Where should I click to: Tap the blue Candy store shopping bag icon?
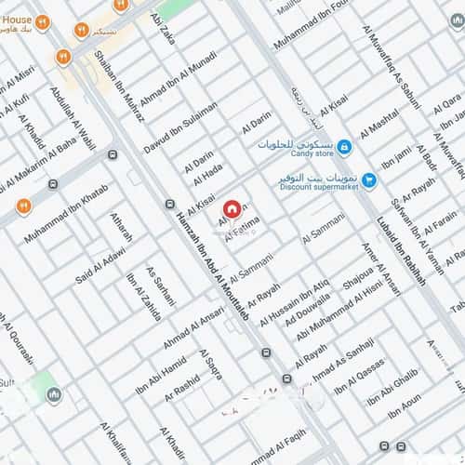[x=345, y=147]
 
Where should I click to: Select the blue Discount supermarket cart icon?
[x=369, y=180]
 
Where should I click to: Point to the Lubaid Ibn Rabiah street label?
[x=401, y=237]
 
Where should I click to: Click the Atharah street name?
[x=121, y=228]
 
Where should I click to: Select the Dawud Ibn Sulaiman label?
[x=180, y=127]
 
